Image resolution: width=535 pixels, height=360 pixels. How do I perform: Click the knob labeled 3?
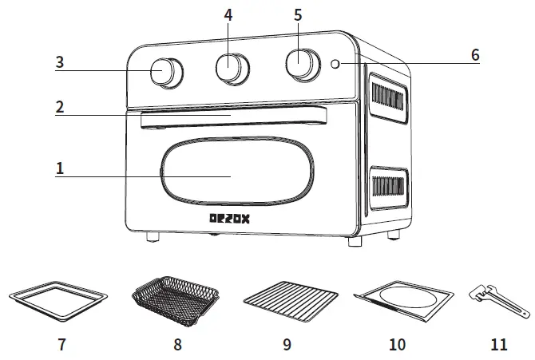[165, 71]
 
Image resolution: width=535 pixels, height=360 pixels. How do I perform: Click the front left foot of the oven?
[152, 236]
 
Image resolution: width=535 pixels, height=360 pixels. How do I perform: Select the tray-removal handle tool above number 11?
[497, 300]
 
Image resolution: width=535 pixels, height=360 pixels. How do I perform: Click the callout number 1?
[59, 168]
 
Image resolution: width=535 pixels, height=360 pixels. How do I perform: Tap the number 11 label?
[497, 345]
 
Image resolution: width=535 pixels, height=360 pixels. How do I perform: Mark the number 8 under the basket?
[176, 345]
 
